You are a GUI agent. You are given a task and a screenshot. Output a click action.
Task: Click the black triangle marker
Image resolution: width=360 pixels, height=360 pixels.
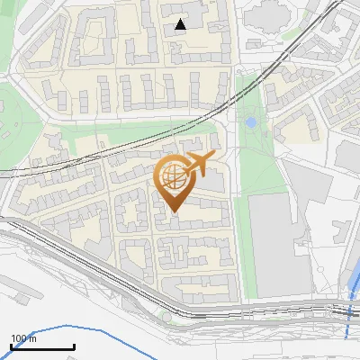(181, 24)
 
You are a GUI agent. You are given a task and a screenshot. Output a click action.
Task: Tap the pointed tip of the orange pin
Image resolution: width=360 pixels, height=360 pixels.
(174, 212)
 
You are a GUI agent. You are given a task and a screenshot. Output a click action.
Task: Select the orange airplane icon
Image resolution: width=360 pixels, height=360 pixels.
(198, 164)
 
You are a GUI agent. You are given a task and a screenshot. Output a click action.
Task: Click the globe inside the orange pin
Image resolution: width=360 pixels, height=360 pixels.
(172, 179)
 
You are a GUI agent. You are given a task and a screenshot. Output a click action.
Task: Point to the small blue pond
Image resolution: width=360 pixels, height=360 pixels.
(250, 121)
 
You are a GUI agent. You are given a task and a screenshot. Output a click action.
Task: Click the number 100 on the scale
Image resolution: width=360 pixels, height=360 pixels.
(19, 338)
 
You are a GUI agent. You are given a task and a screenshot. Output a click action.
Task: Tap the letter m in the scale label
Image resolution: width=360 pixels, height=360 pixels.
(32, 338)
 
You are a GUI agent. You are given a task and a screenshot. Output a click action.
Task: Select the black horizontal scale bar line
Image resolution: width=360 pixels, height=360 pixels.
(42, 346)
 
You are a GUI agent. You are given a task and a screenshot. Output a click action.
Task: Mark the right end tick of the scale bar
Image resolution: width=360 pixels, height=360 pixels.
(74, 346)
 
